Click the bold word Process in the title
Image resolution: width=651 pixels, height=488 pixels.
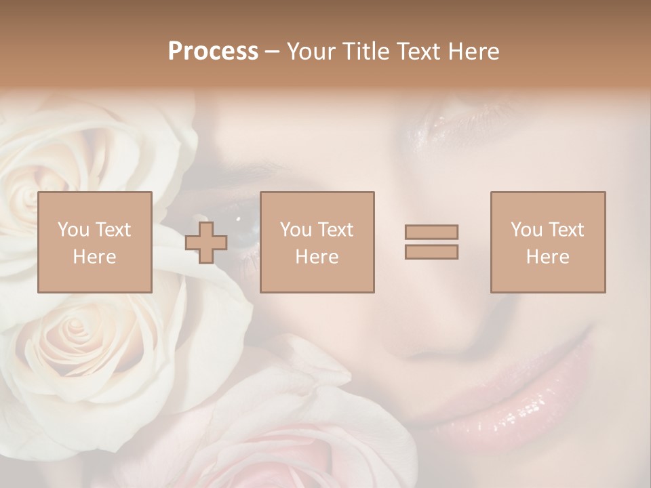pos(213,52)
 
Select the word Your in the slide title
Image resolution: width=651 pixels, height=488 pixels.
pos(310,52)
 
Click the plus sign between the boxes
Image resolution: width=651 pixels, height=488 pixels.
pos(206,243)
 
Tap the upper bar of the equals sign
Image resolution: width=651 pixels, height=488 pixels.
pos(431,232)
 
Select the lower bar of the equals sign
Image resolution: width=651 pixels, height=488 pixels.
pos(431,251)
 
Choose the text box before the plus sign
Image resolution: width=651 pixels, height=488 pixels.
pos(95,243)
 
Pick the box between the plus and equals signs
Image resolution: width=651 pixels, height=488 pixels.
pos(317,243)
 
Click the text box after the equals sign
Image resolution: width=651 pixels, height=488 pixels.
pos(547,243)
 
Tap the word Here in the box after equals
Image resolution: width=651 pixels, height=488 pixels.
pos(547,257)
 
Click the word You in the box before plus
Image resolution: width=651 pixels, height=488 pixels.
pos(73,230)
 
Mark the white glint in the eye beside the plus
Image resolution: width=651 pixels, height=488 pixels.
pos(238,218)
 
